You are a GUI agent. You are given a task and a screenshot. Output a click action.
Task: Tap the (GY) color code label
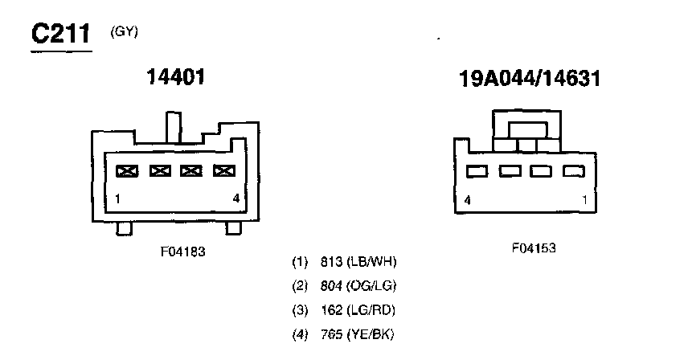[x=124, y=31]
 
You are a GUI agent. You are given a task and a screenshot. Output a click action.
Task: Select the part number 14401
[x=176, y=77]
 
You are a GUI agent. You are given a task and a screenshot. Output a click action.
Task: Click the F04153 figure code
[x=534, y=248]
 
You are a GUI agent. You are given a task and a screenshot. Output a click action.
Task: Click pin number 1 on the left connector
[x=117, y=198]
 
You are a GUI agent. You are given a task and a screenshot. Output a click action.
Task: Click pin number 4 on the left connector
[x=235, y=198]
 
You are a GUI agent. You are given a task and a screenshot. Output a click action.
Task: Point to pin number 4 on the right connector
[x=467, y=200]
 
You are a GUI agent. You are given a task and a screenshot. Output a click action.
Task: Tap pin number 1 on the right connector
[x=584, y=200]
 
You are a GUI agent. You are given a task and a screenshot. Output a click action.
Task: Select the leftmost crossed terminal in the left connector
[x=126, y=170]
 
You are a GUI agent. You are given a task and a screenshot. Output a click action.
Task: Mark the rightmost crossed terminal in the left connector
[x=223, y=170]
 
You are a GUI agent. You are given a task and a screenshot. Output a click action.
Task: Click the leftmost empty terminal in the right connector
[x=477, y=171]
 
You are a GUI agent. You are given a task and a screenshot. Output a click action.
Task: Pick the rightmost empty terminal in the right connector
[x=572, y=171]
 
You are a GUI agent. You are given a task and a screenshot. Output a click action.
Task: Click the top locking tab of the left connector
[x=172, y=125]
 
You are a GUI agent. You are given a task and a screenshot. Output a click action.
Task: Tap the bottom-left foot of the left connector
[x=124, y=229]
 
